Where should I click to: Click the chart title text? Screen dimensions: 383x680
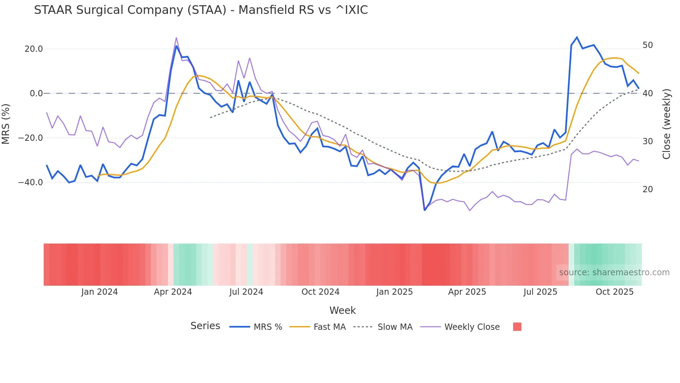click(201, 10)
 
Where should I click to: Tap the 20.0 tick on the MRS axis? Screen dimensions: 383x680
click(34, 49)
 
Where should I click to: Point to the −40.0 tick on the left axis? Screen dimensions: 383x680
click(31, 182)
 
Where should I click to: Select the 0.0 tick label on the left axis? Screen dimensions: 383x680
click(36, 93)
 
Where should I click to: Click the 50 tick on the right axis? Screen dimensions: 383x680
click(648, 45)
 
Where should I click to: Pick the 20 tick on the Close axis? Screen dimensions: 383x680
click(648, 189)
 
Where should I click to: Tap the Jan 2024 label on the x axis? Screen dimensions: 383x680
click(100, 292)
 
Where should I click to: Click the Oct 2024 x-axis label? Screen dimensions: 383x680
click(320, 292)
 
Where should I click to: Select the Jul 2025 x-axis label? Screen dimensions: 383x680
click(540, 292)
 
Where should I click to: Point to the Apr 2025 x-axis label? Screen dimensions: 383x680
click(467, 292)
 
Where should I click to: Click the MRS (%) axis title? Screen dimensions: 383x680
click(6, 124)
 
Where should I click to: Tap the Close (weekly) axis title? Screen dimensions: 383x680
click(666, 124)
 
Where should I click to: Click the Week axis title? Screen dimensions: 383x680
click(342, 310)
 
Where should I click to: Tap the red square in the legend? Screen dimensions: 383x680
click(517, 327)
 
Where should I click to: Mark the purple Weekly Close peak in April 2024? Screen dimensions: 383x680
click(176, 38)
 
